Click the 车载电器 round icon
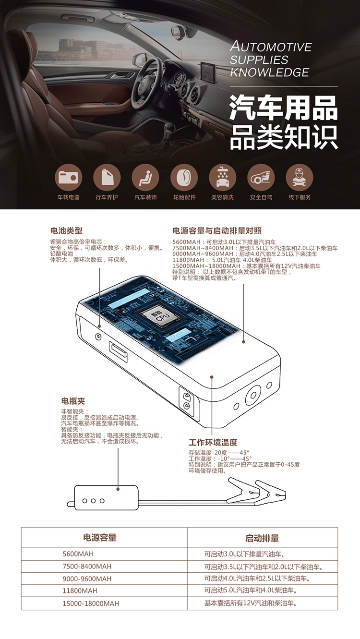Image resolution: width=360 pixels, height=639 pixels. [68, 178]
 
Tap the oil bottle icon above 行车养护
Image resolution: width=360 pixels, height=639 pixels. [107, 178]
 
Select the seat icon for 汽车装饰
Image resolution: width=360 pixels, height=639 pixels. [145, 178]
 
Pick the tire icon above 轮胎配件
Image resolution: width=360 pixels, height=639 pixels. [184, 178]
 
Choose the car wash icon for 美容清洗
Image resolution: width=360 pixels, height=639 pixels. [223, 178]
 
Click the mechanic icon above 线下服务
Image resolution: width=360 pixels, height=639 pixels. [299, 178]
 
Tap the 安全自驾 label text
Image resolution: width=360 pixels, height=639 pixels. [261, 197]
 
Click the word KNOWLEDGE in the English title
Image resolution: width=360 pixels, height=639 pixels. [270, 72]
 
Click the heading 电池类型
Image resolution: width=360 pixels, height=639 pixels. [66, 230]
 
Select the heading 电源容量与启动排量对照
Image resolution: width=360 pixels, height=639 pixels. [217, 230]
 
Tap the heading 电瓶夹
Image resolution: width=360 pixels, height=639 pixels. [73, 401]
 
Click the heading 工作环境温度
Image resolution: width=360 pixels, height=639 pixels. [213, 443]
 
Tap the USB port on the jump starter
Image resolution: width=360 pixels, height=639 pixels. [118, 351]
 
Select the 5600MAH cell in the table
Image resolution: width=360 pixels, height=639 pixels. [78, 554]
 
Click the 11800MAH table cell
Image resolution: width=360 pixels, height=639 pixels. [80, 591]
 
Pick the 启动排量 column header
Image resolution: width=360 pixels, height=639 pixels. [262, 538]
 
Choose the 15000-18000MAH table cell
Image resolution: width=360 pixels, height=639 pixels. [91, 603]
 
